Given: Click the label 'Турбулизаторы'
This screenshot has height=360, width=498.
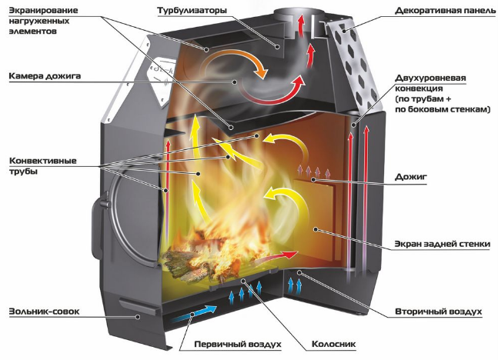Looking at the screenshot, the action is (x=192, y=11).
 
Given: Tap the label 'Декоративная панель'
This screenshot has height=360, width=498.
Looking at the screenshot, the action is (x=445, y=11).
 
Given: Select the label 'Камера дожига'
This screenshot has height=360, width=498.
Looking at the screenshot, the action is (x=45, y=76).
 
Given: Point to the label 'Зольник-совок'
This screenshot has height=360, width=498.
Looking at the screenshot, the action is (x=44, y=312).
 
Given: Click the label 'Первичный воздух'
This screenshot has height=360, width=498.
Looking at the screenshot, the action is (x=238, y=344).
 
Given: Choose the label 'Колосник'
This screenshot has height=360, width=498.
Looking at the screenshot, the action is (x=334, y=344).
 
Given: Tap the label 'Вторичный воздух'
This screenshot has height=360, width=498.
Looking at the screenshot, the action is (x=439, y=312).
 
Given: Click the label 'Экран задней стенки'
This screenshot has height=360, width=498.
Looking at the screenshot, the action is (x=443, y=244).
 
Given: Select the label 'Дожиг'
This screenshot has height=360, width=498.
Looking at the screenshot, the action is (x=411, y=177).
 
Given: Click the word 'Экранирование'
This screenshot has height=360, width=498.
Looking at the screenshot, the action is (x=43, y=11).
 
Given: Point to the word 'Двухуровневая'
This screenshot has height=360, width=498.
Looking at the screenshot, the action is (x=430, y=78).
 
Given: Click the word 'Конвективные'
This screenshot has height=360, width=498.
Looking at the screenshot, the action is (x=43, y=161).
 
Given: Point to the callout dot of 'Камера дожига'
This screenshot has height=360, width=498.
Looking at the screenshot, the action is (x=235, y=82).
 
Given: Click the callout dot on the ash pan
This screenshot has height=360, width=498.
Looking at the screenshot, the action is (x=138, y=316).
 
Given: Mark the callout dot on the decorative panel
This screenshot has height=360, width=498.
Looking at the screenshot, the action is (x=345, y=31).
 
